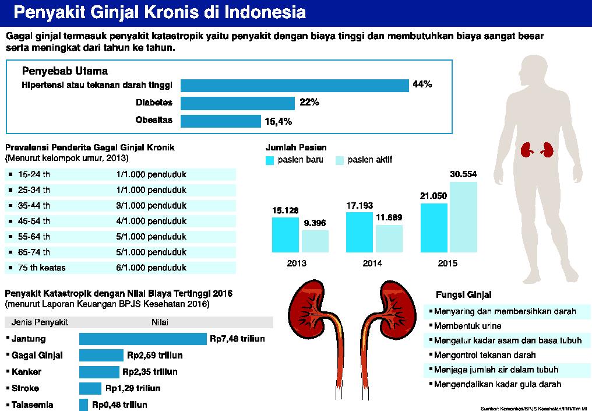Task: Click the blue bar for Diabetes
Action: point(238,103)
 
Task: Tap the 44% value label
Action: point(422,85)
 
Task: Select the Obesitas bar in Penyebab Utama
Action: point(220,121)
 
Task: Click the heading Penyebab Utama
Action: point(65,71)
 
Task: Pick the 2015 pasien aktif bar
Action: point(463,217)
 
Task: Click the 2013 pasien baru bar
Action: point(286,234)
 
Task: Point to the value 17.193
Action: point(360,206)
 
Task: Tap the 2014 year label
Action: point(372,264)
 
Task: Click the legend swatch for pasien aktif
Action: point(340,160)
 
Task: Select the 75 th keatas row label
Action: point(42,268)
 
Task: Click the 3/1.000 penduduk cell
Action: point(151,205)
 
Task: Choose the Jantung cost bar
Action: point(143,339)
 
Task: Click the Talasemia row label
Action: point(33,405)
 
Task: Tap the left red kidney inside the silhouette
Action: point(528,150)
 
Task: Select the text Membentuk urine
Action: point(468,326)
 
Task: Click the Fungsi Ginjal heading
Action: point(463,294)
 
